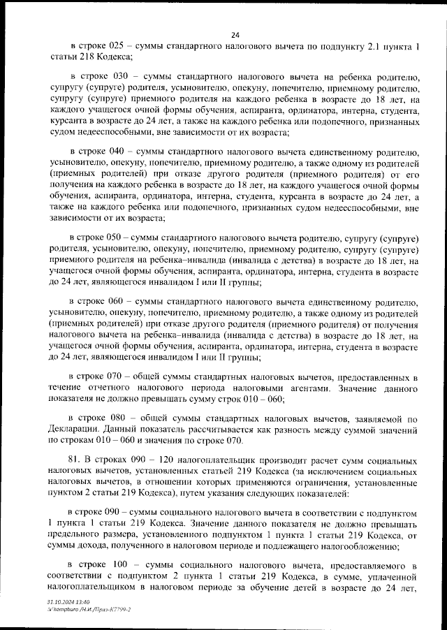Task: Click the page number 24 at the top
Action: point(235,36)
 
